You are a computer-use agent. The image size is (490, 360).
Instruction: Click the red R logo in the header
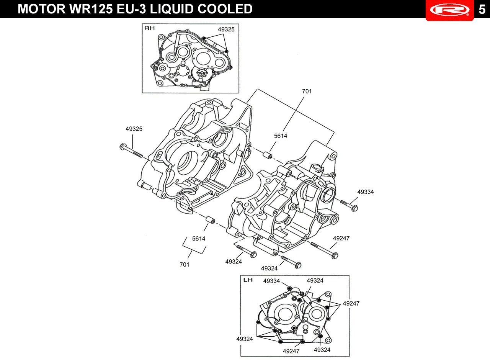(x=450, y=10)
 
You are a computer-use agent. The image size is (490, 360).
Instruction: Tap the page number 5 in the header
(x=482, y=10)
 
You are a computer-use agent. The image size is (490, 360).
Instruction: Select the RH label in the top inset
(x=150, y=28)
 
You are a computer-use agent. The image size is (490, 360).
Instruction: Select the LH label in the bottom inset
(x=248, y=280)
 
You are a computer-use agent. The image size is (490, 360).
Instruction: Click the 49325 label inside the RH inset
(x=226, y=29)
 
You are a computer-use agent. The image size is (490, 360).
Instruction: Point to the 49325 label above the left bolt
(x=134, y=129)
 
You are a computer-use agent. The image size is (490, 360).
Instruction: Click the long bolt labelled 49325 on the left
(x=131, y=151)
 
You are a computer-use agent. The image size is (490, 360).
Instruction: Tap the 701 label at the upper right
(x=307, y=91)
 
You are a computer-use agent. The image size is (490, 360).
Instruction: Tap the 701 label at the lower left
(x=185, y=265)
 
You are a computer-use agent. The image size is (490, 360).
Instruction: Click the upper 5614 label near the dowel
(x=281, y=136)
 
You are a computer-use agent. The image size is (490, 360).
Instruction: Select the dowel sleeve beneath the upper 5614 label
(x=267, y=155)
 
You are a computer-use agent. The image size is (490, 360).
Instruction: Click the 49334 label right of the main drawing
(x=366, y=192)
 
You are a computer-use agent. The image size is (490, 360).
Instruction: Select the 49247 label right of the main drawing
(x=341, y=238)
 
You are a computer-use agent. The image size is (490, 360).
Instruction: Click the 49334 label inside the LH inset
(x=271, y=281)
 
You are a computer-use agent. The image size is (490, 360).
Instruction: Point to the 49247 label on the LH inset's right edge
(x=351, y=303)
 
